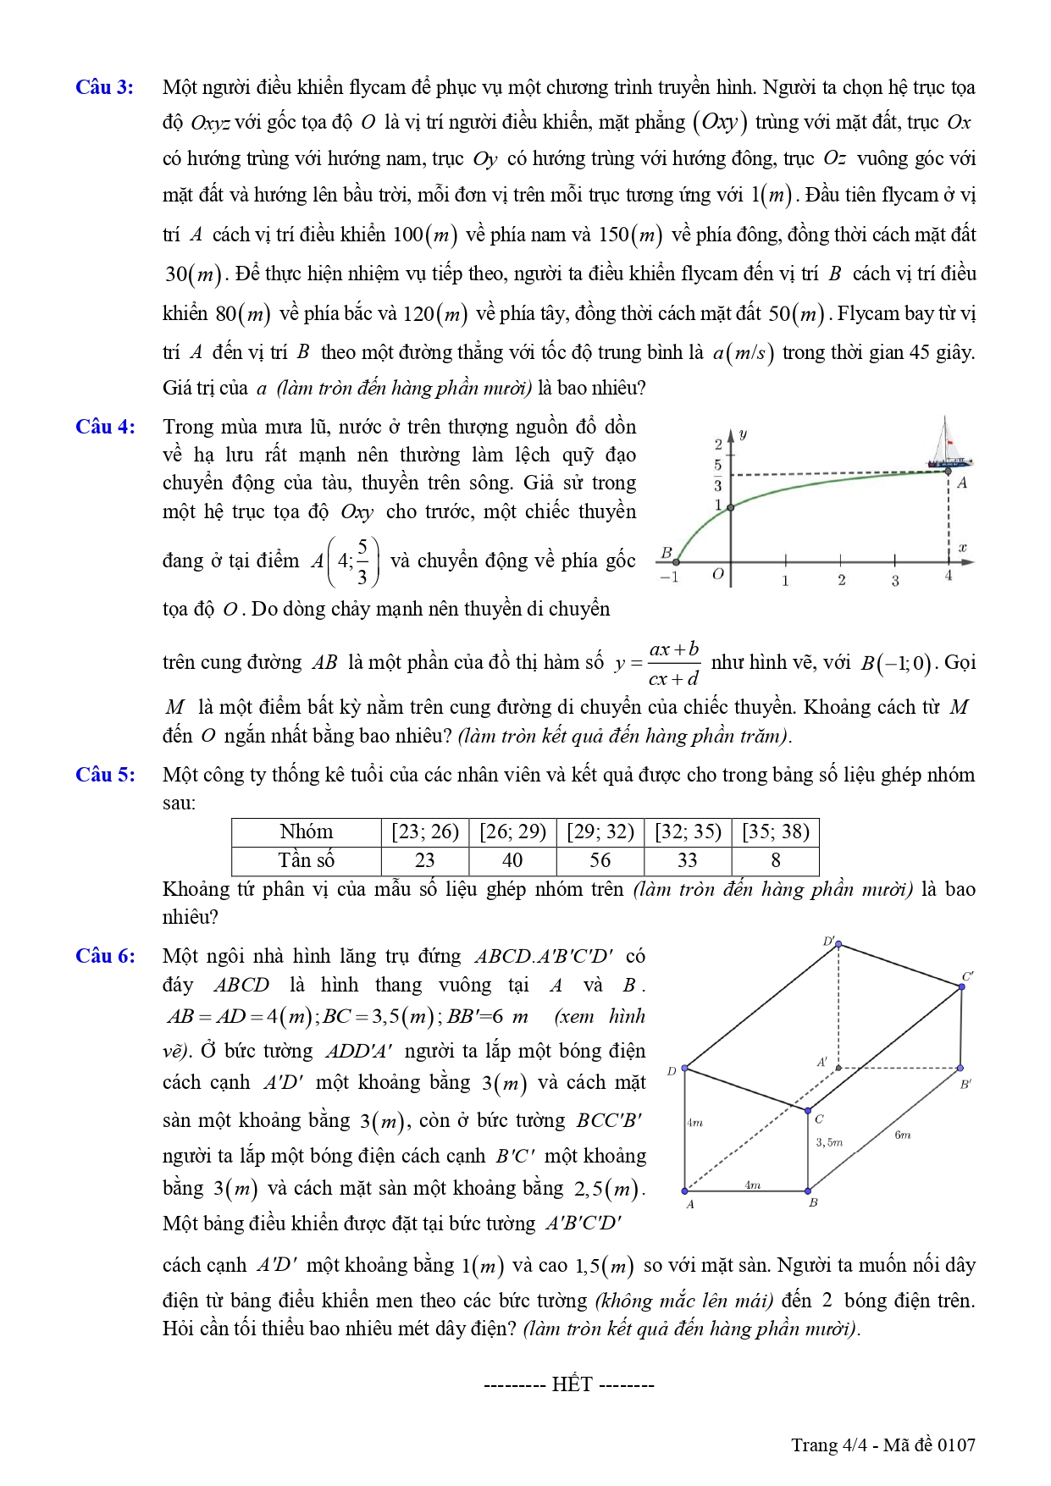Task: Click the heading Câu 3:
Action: (104, 87)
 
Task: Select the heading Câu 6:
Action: (105, 956)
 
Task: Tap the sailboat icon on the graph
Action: (948, 444)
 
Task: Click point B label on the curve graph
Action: (667, 553)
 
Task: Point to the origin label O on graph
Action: (718, 574)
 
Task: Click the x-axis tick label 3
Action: (895, 581)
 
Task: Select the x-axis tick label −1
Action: (669, 577)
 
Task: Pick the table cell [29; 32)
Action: (600, 831)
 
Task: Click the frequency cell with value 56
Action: (600, 860)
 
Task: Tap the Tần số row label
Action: (307, 860)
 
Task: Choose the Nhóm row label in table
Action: (307, 831)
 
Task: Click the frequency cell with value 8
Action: (775, 860)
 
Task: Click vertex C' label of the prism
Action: (968, 976)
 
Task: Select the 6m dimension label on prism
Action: (903, 1135)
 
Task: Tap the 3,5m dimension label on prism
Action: (829, 1142)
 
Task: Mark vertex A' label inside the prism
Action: (821, 1062)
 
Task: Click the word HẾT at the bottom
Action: (572, 1384)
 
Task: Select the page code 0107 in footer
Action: (956, 1445)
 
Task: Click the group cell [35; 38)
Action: (775, 831)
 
